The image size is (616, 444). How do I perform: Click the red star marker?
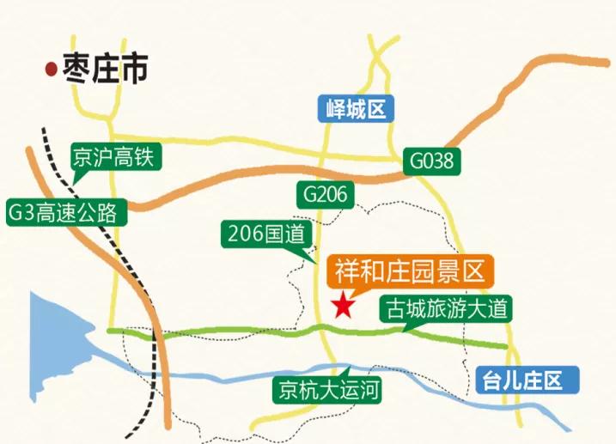345,305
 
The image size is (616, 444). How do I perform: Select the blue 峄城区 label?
354,109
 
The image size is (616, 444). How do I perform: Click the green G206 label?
325,194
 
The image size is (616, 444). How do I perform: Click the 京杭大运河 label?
325,390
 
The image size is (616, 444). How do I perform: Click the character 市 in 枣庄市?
133,69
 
